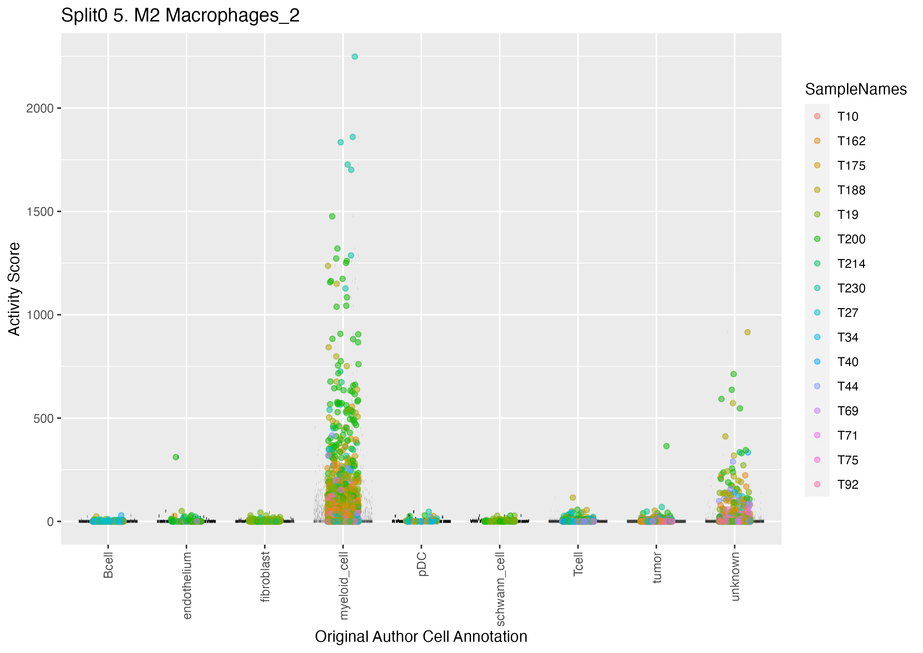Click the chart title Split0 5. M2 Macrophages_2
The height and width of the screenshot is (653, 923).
pyautogui.click(x=180, y=16)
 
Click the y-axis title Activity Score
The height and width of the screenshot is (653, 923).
pyautogui.click(x=14, y=289)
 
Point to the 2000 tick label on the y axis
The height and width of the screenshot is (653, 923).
pyautogui.click(x=40, y=108)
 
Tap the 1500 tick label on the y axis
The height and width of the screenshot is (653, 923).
pyautogui.click(x=40, y=212)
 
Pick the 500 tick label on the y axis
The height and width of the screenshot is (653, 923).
pyautogui.click(x=43, y=419)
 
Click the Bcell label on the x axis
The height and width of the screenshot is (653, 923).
pyautogui.click(x=108, y=565)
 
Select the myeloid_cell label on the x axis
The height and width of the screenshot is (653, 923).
pyautogui.click(x=343, y=586)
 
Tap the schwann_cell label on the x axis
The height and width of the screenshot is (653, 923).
pyautogui.click(x=500, y=589)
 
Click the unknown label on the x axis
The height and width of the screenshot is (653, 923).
pyautogui.click(x=735, y=576)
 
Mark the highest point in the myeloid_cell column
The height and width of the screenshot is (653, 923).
pyautogui.click(x=354, y=57)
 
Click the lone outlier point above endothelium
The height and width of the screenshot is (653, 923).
pyautogui.click(x=176, y=457)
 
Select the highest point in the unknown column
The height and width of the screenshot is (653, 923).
pyautogui.click(x=747, y=332)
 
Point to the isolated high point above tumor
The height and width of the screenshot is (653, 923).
pyautogui.click(x=666, y=446)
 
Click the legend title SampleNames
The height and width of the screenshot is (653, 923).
pyautogui.click(x=856, y=89)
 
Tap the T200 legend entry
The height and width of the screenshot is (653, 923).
pyautogui.click(x=851, y=239)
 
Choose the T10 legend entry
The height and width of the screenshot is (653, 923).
pyautogui.click(x=847, y=117)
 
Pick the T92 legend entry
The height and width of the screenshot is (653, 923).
pyautogui.click(x=847, y=485)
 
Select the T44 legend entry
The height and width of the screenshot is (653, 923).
pyautogui.click(x=847, y=386)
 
